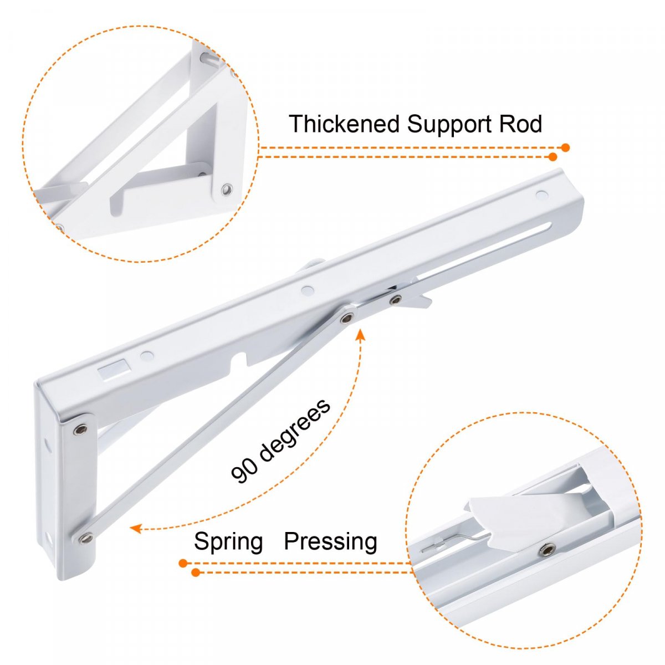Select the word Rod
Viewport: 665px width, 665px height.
520,124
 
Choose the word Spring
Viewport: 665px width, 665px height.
228,541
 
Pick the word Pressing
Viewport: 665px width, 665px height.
330,541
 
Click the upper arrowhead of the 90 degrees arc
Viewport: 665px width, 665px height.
360,334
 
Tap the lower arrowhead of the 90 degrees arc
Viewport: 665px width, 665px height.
135,529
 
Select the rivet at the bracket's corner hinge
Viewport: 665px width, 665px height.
81,428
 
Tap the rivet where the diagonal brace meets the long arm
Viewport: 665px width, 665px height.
347,318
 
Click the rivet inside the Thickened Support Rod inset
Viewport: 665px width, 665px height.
226,190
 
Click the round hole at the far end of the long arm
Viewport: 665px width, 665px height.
541,195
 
